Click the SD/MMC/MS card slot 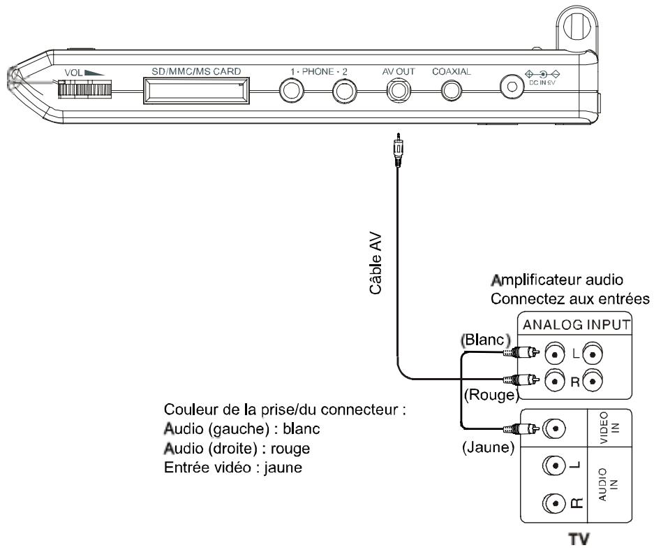(x=196, y=90)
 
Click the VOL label (x=73, y=72)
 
